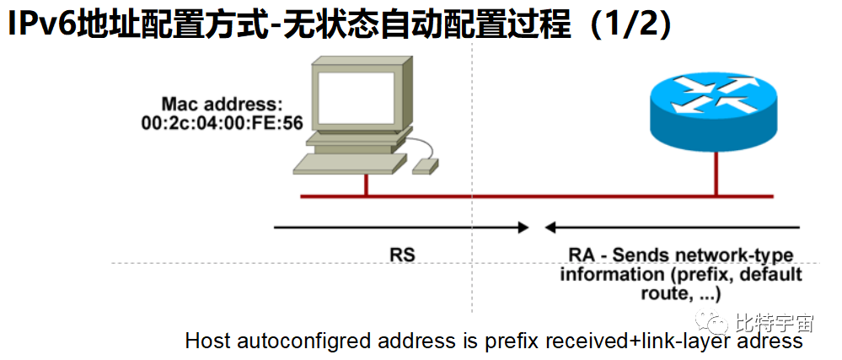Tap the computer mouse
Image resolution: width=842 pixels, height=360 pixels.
[426, 165]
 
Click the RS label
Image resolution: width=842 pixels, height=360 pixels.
[402, 253]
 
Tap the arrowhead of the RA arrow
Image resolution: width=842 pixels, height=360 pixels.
[550, 227]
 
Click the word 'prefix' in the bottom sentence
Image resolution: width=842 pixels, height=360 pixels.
[512, 341]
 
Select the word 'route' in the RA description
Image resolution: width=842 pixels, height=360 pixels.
[662, 293]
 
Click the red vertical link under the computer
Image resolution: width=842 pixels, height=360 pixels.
[366, 185]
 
